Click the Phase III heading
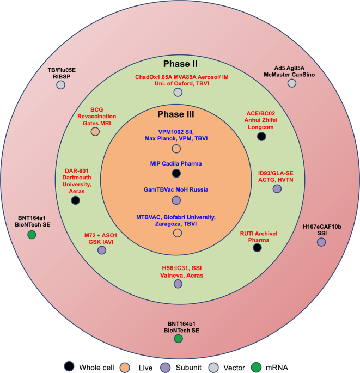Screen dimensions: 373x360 pos(176,115)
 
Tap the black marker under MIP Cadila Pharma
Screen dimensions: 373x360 pos(176,173)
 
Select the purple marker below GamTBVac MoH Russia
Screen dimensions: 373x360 pos(176,200)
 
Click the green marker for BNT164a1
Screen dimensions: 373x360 pos(32,235)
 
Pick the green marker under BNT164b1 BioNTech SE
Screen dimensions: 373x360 pos(178,339)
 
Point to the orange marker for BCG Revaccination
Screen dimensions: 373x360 pos(95,131)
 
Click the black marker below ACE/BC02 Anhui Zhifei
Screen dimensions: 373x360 pos(261,136)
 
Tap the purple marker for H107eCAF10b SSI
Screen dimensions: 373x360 pos(321,241)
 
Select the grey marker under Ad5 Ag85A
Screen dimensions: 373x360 pos(291,83)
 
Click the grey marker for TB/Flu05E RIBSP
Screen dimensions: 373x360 pos(60,85)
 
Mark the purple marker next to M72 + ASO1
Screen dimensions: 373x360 pos(101,250)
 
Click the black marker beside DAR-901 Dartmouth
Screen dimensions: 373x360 pos(76,200)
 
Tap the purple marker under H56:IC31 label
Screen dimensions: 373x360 pos(178,284)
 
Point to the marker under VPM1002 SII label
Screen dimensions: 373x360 pos(176,149)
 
